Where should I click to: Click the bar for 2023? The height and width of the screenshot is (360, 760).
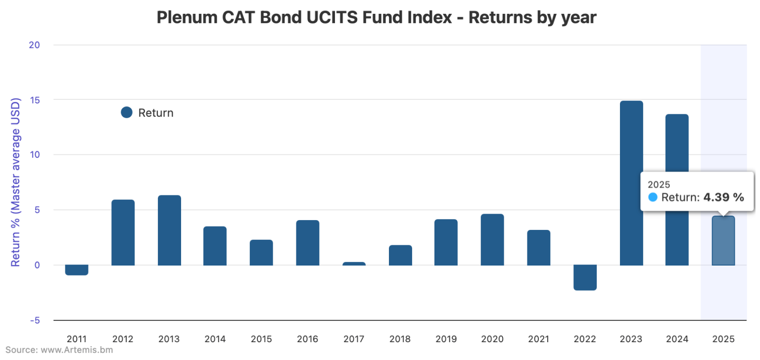click(631, 183)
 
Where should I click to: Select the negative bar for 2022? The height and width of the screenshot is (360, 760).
click(585, 277)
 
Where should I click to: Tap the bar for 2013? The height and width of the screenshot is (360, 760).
click(169, 230)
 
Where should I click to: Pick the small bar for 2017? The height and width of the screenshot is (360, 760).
click(354, 264)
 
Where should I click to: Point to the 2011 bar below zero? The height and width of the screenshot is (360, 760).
click(77, 270)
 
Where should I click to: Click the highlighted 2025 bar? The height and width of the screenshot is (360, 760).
click(723, 241)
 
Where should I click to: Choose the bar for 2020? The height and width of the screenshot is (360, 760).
click(492, 239)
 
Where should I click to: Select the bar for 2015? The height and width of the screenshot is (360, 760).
click(261, 253)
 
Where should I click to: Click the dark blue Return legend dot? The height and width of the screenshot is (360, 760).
click(127, 113)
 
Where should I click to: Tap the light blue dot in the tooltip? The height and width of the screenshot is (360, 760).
click(653, 197)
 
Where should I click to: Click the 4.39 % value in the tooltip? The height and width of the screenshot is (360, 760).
click(723, 197)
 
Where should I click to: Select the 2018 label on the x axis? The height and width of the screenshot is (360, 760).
click(400, 339)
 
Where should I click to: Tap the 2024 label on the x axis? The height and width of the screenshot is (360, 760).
click(677, 339)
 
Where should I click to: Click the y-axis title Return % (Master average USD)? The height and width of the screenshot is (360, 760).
click(16, 182)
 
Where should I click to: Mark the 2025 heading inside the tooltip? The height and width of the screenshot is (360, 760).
click(659, 184)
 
